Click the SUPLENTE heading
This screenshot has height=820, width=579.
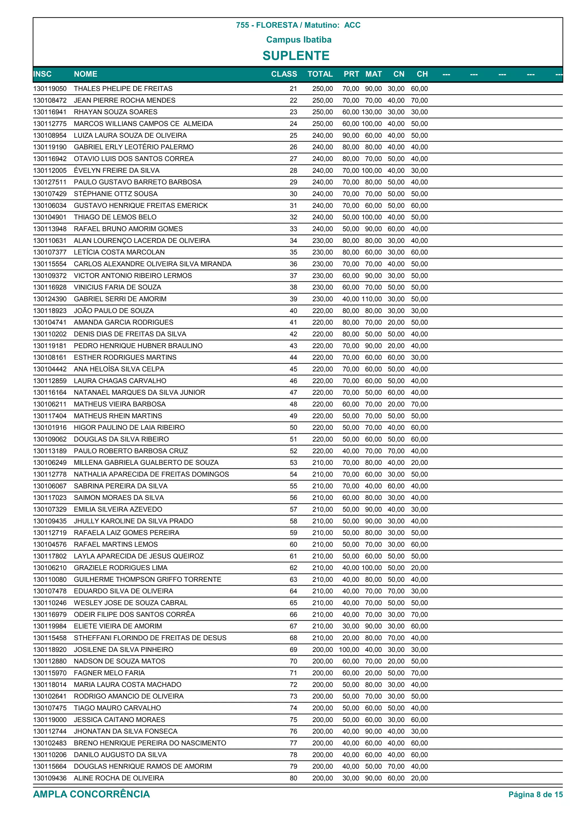coord(296,56)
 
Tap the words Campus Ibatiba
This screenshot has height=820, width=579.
coord(299,40)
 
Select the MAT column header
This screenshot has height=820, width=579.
coord(373,74)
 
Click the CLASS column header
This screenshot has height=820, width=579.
coord(284,74)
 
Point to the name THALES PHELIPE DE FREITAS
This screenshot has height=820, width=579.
coord(123,89)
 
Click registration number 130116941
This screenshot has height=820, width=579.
coord(50,112)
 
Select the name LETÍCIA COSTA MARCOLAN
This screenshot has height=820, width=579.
coord(119,252)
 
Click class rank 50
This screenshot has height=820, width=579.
coord(293,428)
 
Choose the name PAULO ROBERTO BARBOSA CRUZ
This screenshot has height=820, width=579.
coord(131,451)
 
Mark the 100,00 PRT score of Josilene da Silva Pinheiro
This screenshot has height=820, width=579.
coord(349,650)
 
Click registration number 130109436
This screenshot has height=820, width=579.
coord(50,778)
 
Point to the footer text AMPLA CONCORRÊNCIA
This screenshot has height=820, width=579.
coord(91,794)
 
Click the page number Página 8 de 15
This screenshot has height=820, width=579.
coord(535,795)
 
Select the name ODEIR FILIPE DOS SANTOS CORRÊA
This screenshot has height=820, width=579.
coord(134,615)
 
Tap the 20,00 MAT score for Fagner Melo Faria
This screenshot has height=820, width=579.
coord(373,673)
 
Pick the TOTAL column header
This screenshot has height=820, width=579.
coord(320,74)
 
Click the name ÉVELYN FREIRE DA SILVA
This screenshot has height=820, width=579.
coord(117,170)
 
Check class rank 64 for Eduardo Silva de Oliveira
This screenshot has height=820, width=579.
coord(293,591)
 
